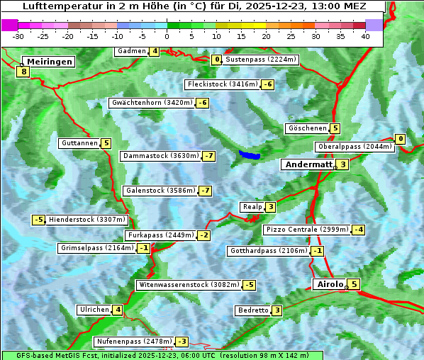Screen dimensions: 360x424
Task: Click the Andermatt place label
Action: click(x=308, y=164)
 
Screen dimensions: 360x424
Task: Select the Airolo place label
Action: click(x=330, y=284)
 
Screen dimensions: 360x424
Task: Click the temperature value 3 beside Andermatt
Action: click(x=343, y=164)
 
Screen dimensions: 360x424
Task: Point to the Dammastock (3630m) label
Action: click(x=160, y=156)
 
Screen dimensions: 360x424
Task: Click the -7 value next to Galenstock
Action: click(x=205, y=191)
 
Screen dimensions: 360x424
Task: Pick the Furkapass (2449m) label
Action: click(x=160, y=235)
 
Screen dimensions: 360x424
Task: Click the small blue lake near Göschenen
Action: click(x=250, y=154)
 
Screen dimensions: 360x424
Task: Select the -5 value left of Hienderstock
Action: click(x=39, y=220)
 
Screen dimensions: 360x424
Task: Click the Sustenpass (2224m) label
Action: click(x=256, y=60)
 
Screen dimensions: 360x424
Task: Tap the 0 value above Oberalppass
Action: click(x=400, y=139)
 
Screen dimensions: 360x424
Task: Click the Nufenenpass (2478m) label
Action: click(x=133, y=342)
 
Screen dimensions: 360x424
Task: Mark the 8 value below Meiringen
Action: click(x=23, y=72)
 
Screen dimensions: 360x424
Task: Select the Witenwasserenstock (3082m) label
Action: click(x=188, y=285)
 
